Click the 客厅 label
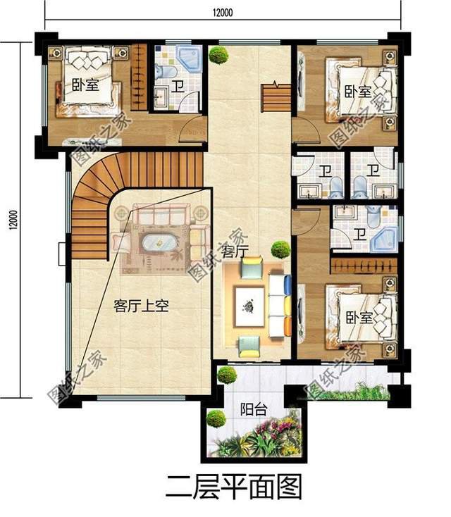coord(235,251)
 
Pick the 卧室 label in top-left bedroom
coord(85,85)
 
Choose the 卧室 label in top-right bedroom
coord(358,92)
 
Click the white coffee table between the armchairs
coord(249,306)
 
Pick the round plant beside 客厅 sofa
coord(280,249)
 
